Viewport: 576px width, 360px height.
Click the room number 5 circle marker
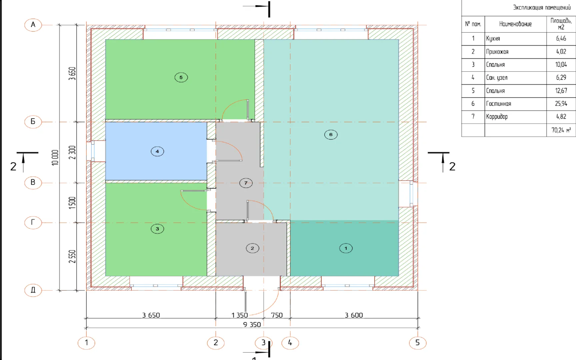[181, 77]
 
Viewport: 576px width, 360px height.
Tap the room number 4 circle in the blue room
[157, 151]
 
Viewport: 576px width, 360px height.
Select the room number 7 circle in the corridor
[246, 183]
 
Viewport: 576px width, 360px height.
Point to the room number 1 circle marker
[346, 248]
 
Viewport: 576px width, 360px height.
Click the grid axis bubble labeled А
[33, 25]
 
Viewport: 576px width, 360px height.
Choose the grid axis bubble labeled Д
[33, 290]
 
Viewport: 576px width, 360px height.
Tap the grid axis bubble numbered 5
[417, 342]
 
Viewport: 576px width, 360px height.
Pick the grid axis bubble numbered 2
[216, 342]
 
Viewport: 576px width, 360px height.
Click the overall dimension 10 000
[55, 157]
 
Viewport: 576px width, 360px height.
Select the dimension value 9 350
[252, 324]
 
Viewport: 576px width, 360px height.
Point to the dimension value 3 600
[354, 315]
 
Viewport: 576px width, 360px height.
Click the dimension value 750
[277, 315]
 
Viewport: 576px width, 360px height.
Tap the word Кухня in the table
[493, 39]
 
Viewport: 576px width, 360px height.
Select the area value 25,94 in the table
[561, 104]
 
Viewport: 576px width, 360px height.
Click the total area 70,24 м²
[561, 130]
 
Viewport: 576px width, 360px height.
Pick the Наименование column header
[515, 24]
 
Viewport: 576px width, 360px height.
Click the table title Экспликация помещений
[542, 8]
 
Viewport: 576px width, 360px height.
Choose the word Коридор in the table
[497, 117]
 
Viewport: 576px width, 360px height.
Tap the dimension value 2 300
[72, 152]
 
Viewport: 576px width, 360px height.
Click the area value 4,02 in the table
[561, 52]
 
